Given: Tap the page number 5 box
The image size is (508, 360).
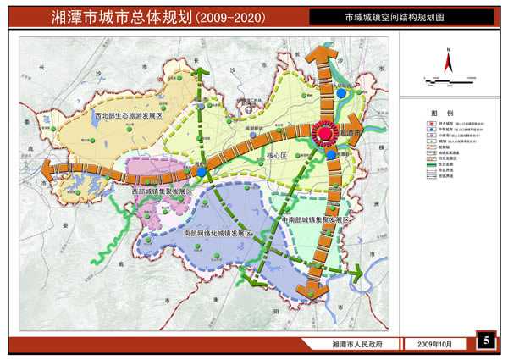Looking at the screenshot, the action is click(x=486, y=341).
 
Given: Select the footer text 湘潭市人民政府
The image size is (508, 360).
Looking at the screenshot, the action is click(x=357, y=345).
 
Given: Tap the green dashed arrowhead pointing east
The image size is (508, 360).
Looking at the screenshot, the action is click(x=356, y=271).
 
